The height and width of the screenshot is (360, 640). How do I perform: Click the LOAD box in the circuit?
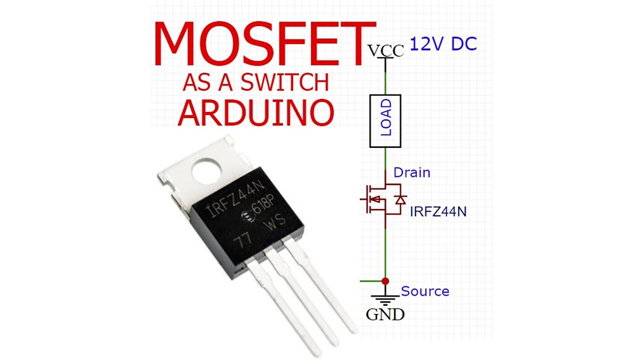(385, 121)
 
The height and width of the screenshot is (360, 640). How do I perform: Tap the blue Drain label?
(411, 173)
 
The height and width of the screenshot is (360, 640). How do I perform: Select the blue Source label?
(425, 291)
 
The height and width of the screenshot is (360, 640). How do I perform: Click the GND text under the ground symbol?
(385, 315)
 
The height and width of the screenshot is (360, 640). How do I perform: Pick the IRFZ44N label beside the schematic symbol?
(438, 212)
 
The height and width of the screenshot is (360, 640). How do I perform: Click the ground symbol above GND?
(385, 298)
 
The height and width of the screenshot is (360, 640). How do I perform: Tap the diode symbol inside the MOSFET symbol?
(401, 200)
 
